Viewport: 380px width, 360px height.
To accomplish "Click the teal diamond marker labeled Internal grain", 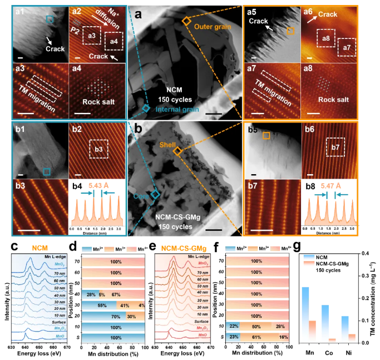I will point(146,110).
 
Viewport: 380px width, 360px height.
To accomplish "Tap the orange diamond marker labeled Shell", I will point(177,151).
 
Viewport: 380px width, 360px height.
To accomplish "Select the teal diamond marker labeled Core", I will point(156,195).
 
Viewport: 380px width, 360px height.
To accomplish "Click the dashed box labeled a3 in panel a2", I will point(91,37).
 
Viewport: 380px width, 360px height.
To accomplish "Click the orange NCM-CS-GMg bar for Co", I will point(332,340).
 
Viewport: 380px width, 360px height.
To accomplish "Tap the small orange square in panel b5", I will point(267,135).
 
